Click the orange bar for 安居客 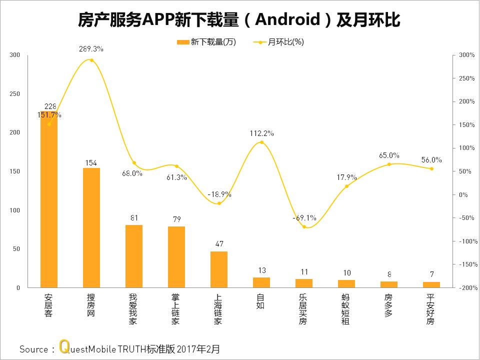[x=49, y=200]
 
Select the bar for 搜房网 [x=91, y=228]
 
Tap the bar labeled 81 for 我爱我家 [x=134, y=256]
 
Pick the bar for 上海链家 [x=219, y=269]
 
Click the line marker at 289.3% [x=91, y=60]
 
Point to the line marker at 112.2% [x=261, y=142]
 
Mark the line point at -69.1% [x=304, y=226]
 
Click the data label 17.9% [x=346, y=177]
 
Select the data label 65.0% [x=389, y=155]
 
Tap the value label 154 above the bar [x=91, y=162]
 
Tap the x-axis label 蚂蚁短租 [x=346, y=309]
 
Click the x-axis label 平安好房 [x=431, y=309]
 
